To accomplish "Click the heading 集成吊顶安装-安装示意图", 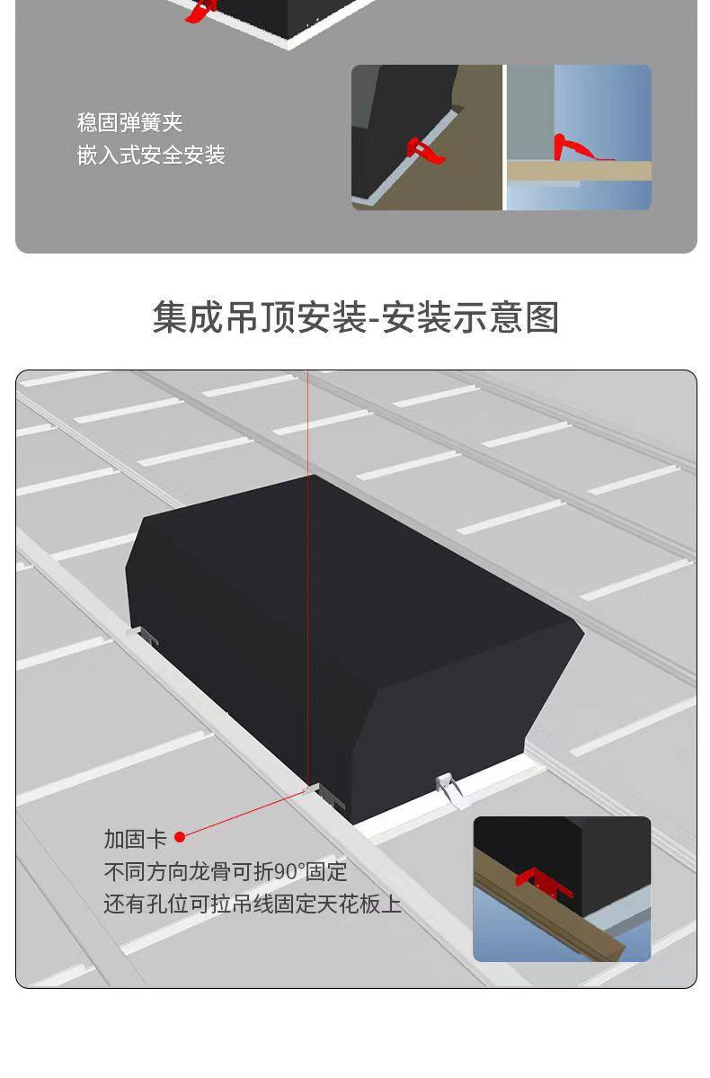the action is coord(355,317).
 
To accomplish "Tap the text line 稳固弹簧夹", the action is coord(130,122).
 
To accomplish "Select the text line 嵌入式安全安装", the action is coord(151,155).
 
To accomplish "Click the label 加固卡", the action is coord(136,839).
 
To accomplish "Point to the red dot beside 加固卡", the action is coord(180,837).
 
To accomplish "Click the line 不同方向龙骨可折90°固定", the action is coord(226,871).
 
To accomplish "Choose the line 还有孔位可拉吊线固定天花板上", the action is coord(253,904).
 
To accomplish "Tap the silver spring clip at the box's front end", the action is coord(449,789).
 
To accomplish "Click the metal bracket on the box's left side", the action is coord(145,636).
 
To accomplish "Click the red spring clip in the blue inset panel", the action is coord(581,147).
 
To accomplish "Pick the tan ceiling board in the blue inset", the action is coord(579,171).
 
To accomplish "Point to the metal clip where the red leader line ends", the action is coord(328,795).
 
